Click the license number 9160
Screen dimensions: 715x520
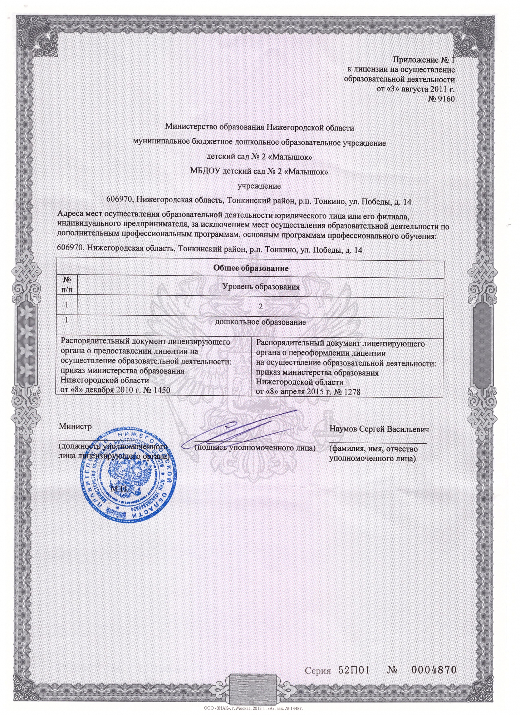(x=446, y=99)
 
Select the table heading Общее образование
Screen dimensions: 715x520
(x=250, y=268)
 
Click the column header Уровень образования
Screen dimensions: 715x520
(x=261, y=287)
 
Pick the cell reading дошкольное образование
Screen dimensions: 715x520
(x=260, y=322)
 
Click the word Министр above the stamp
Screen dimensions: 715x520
(x=75, y=426)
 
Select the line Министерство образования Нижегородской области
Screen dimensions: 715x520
(x=260, y=127)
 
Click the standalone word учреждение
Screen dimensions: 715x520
(x=259, y=186)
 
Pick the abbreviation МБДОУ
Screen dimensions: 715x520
(x=205, y=172)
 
